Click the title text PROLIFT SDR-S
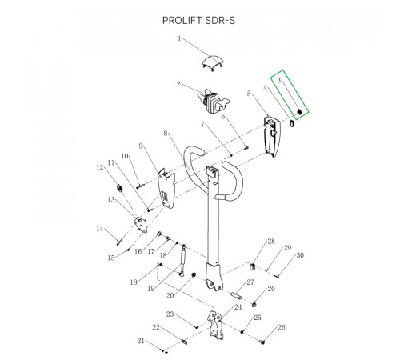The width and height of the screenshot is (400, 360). pyautogui.click(x=198, y=21)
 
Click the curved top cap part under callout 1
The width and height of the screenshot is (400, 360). pyautogui.click(x=213, y=63)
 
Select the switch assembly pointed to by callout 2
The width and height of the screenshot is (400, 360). pyautogui.click(x=214, y=102)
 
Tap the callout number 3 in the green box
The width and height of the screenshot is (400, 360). pyautogui.click(x=279, y=80)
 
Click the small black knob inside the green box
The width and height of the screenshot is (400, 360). pyautogui.click(x=299, y=113)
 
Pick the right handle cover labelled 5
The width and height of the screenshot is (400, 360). pyautogui.click(x=272, y=136)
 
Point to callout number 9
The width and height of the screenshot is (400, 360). pyautogui.click(x=141, y=146)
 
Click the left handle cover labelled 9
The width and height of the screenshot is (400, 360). pyautogui.click(x=166, y=188)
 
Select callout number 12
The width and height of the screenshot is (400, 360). pyautogui.click(x=100, y=167)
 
